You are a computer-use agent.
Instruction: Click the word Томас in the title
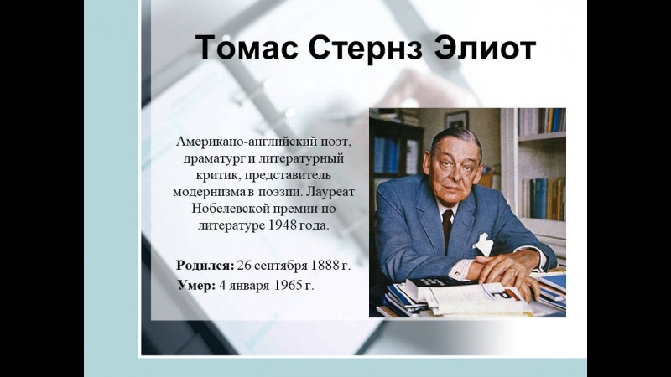coord(247,48)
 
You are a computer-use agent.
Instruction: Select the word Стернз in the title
coord(365,48)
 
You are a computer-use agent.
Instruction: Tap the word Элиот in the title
coord(485,48)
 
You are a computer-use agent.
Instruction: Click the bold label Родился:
coord(205,266)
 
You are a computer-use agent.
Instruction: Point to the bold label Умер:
coord(197,286)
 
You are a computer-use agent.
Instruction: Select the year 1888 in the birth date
coord(325,266)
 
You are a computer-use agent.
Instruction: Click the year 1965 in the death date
coord(289,286)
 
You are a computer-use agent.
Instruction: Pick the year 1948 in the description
coord(283,225)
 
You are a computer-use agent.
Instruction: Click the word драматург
coord(215,159)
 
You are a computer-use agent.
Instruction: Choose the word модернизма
coord(209,193)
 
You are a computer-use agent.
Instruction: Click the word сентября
coord(281,266)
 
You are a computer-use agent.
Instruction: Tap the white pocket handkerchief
coord(483,245)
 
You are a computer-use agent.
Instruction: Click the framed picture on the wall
coord(456,120)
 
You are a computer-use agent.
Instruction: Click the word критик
coord(216,176)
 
